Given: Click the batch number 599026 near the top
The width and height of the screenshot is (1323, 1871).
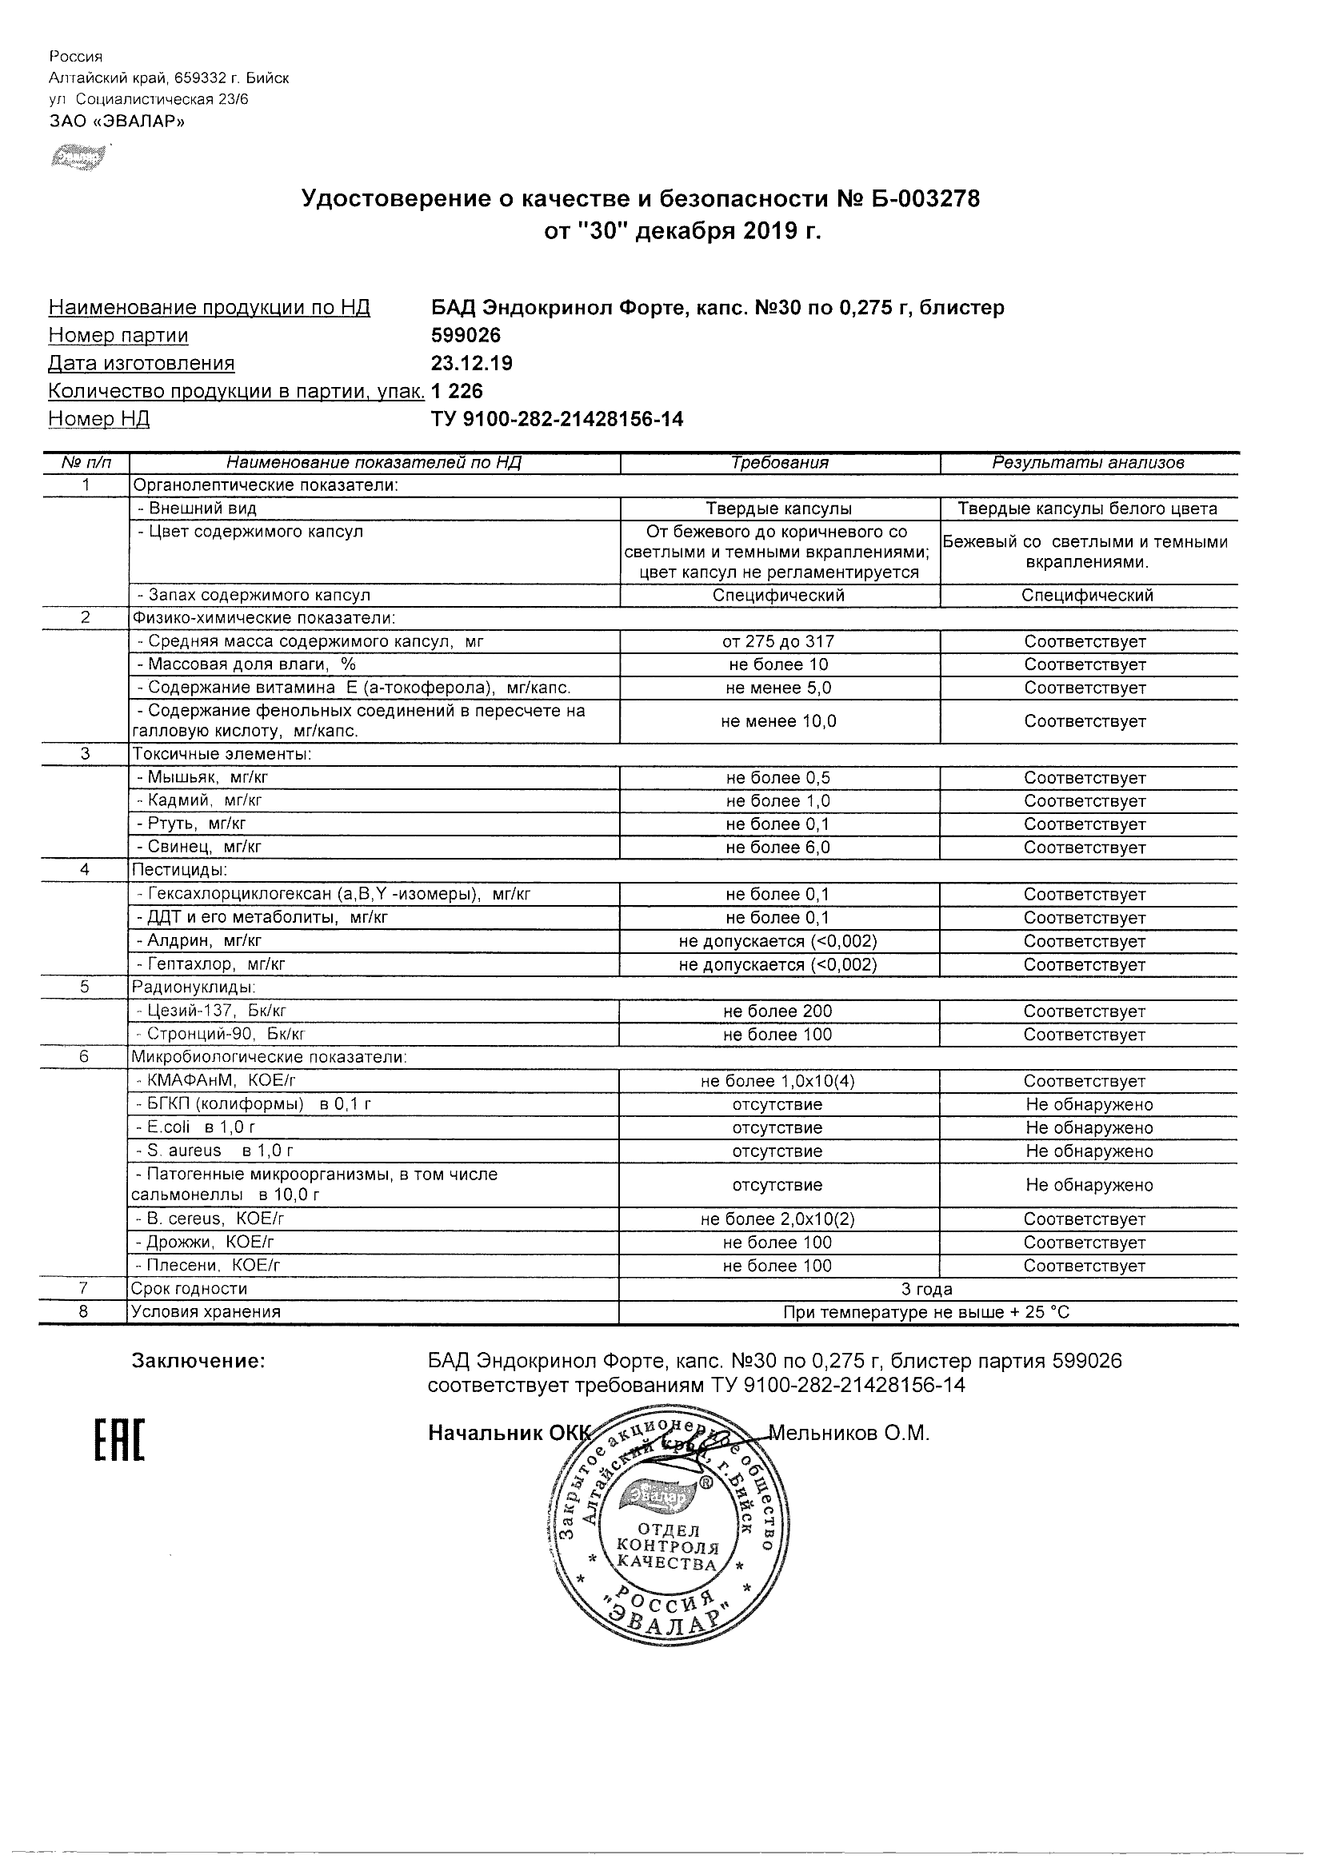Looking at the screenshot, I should (466, 335).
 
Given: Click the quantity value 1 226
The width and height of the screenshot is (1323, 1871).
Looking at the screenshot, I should (457, 391).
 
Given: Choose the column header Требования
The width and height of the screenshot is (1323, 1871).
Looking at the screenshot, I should (779, 463).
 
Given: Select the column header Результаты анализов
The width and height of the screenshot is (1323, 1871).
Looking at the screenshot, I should (1087, 463).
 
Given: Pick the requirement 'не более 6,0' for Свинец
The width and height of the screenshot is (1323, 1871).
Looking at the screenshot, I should (778, 848).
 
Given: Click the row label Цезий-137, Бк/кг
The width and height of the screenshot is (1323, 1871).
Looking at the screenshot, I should (212, 1011).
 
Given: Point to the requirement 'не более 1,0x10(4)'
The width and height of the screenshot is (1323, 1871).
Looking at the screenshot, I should (777, 1081).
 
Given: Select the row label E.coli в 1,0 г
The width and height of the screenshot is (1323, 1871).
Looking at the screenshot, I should (196, 1128).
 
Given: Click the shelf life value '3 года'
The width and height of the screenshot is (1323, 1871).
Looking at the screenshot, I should (926, 1289).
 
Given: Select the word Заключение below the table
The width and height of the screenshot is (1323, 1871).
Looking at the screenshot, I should (198, 1361).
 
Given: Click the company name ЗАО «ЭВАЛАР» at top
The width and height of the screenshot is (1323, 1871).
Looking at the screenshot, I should (118, 122).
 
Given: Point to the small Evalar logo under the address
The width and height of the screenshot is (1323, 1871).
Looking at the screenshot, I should (78, 156).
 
